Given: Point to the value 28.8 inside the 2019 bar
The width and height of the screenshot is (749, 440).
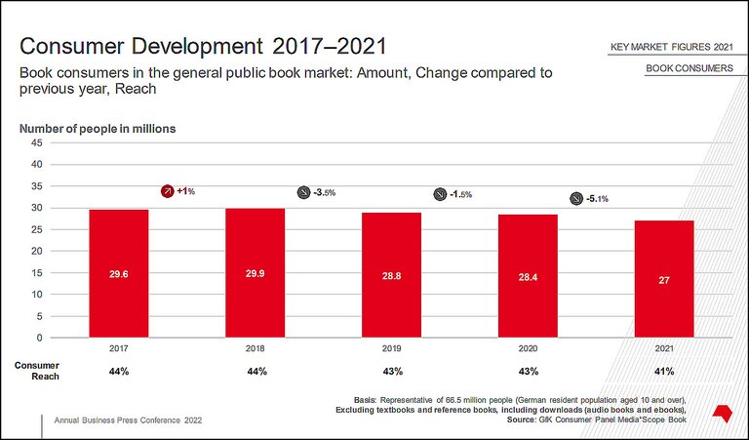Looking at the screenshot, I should coord(391,276).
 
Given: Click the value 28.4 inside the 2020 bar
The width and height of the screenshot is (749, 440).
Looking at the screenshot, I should coord(528,277).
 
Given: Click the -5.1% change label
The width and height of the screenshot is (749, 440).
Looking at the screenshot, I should coord(597,199).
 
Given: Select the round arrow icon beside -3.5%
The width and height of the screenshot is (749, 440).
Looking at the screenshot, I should coord(303,193).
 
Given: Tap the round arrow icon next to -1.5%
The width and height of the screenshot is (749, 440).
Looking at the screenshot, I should coord(440,194).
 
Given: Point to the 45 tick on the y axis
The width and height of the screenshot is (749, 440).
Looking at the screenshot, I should coord(36,142).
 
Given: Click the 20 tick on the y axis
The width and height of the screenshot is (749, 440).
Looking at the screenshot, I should coord(36,251).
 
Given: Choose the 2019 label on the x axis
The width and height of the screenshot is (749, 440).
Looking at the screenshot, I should coord(391,346).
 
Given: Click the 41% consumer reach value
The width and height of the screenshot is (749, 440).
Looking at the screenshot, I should coord(664,372).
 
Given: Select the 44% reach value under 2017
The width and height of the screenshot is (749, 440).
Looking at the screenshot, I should coord(119,372).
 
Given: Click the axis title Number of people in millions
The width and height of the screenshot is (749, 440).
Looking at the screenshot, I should coord(98,129).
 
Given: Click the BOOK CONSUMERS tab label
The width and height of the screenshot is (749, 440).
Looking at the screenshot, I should coord(690,68).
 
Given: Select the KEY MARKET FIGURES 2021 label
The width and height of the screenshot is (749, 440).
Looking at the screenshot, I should coord(671,46).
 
